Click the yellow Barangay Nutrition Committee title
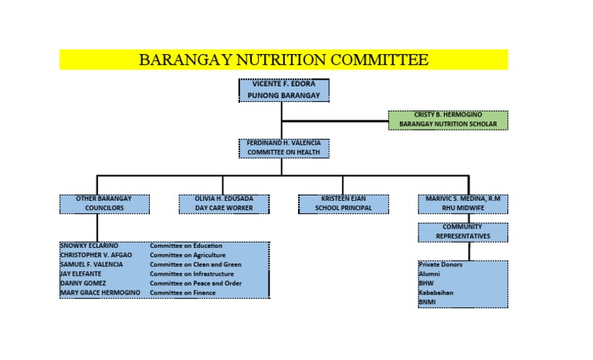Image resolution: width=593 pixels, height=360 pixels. [x=283, y=59]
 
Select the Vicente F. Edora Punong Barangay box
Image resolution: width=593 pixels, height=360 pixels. [x=283, y=90]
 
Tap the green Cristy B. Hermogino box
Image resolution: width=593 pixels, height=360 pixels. [x=448, y=120]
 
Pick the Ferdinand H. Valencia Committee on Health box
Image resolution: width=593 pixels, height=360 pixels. [x=283, y=148]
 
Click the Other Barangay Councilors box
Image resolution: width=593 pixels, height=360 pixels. [x=104, y=204]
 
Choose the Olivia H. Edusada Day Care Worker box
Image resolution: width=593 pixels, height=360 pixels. [x=224, y=204]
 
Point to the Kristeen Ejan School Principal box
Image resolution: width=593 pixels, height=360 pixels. [x=344, y=204]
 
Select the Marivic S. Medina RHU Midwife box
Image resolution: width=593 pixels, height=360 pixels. [x=463, y=204]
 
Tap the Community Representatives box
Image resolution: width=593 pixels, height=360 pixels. [x=463, y=232]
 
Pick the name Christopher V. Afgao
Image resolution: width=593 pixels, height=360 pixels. [x=96, y=255]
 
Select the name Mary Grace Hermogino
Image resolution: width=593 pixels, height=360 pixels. [x=100, y=293]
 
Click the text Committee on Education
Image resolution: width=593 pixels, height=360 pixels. [x=186, y=246]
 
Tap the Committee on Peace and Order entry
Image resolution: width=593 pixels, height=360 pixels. [x=195, y=284]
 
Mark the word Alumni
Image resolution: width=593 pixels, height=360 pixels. [x=429, y=273]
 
